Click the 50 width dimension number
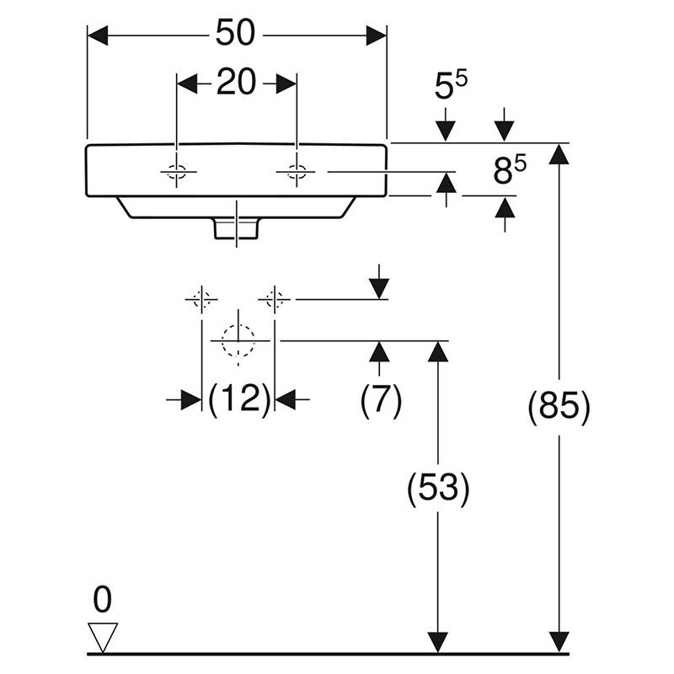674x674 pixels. [237, 35]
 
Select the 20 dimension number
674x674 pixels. [236, 83]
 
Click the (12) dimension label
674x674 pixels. [238, 400]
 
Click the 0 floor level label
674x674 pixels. [102, 601]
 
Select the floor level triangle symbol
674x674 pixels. [103, 637]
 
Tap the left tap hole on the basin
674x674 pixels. [177, 173]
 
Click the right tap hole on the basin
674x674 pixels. [297, 173]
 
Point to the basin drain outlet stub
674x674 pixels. [238, 227]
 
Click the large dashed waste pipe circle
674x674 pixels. [238, 340]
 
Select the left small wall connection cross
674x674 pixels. [201, 298]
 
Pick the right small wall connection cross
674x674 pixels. [275, 298]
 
